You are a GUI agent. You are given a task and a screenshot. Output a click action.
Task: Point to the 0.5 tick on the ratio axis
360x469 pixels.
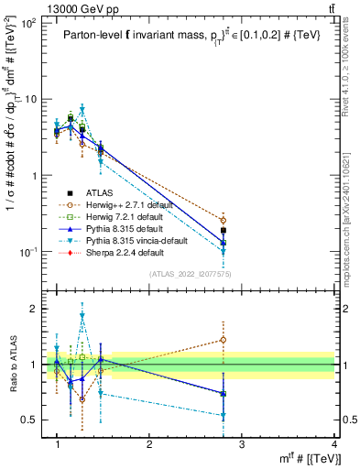coord(34,420)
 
